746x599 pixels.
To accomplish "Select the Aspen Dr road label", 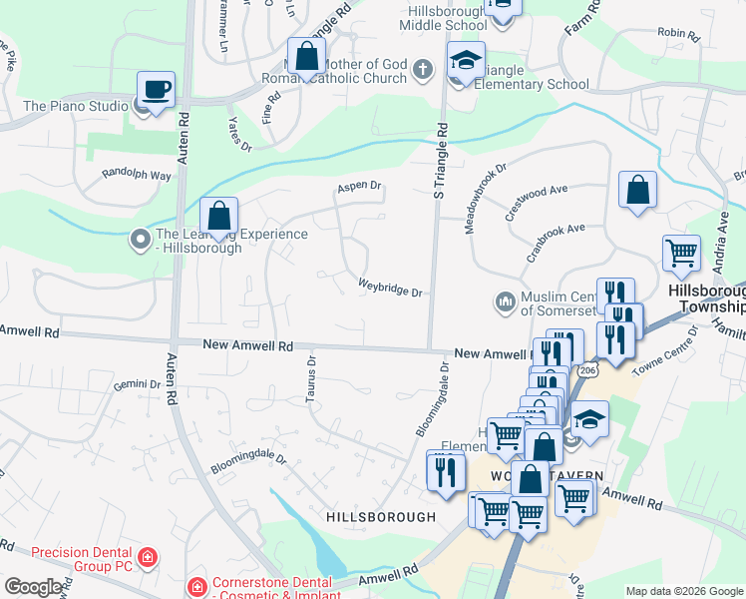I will coord(360,186).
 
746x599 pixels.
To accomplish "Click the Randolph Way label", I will coord(137,175).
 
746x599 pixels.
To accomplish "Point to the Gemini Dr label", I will coord(137,384).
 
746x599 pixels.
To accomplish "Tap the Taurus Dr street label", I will coord(310,380).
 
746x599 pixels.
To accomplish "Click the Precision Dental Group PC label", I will coord(82,559).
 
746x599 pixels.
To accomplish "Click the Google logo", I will coord(33,587).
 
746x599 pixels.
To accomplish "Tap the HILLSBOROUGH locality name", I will coord(380,516).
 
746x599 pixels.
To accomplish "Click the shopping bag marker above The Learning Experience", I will coord(218,216).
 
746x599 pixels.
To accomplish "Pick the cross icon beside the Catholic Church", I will coord(422,70).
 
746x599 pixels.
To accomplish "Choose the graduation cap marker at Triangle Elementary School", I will coord(465,62).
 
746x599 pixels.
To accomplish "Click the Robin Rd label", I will coord(678,33).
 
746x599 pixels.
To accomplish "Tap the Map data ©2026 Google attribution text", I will coord(683,591).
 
